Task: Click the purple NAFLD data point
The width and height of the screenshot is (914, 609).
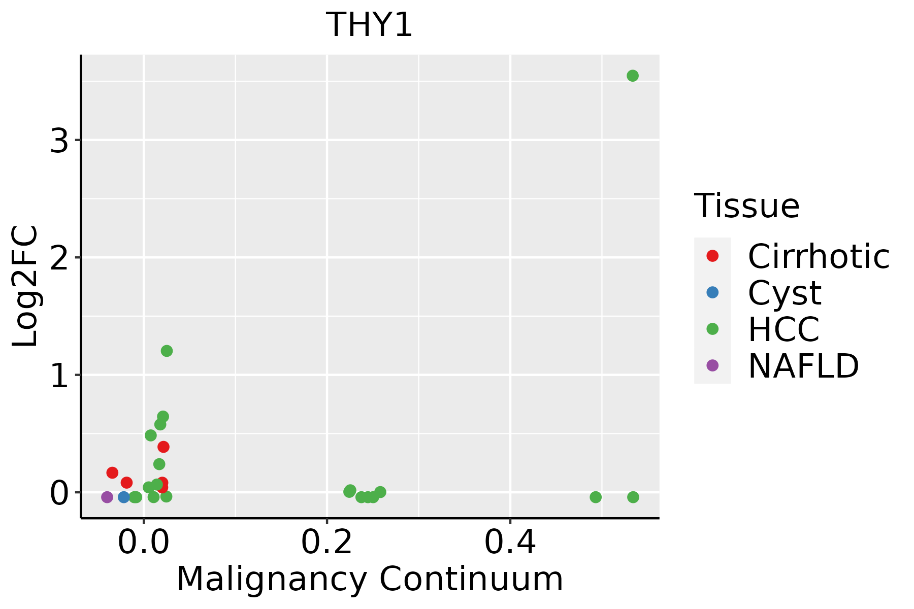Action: [107, 497]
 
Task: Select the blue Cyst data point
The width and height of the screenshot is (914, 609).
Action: [124, 497]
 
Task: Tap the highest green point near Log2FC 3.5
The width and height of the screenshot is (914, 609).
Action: [632, 76]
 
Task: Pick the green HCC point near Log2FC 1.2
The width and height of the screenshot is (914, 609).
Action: [167, 351]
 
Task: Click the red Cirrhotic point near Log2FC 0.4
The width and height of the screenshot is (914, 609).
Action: [163, 447]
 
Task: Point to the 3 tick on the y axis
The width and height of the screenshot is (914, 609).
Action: [59, 140]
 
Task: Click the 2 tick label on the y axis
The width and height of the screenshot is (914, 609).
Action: [59, 257]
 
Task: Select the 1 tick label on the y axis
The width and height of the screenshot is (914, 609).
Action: [59, 375]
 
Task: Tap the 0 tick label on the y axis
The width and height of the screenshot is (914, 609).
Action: [59, 493]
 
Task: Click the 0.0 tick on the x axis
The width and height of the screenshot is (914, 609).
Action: [144, 543]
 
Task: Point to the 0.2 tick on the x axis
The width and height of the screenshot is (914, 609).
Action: [327, 543]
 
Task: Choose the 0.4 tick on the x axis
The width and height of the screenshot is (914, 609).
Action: [510, 543]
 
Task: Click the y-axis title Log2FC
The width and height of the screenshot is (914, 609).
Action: [25, 286]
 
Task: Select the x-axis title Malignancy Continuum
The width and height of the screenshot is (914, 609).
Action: [369, 579]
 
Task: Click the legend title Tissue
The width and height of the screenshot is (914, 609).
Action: [746, 206]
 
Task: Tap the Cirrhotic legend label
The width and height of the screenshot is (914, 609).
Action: [818, 256]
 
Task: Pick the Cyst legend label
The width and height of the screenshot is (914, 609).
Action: [785, 293]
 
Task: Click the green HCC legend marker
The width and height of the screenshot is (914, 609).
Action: [712, 329]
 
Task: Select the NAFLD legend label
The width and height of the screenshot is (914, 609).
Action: [803, 365]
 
